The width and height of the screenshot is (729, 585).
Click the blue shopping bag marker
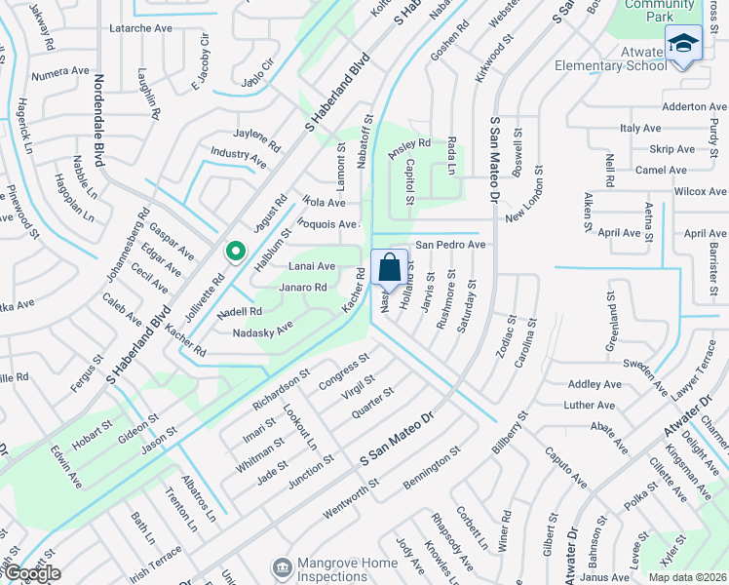(389, 267)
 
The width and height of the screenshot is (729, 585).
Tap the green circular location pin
(235, 253)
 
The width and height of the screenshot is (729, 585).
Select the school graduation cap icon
(683, 44)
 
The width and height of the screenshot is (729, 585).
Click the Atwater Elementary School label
(608, 59)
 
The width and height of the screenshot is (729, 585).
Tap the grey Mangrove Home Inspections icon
(283, 566)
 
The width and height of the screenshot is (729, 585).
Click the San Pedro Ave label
(450, 245)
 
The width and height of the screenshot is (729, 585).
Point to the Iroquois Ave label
(329, 224)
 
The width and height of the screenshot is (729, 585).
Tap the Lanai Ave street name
(312, 265)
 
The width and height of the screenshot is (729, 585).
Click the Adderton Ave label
(694, 106)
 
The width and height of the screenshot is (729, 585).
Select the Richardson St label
(281, 387)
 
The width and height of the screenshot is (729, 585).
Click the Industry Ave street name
(238, 155)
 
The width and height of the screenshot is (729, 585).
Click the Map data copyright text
(688, 577)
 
